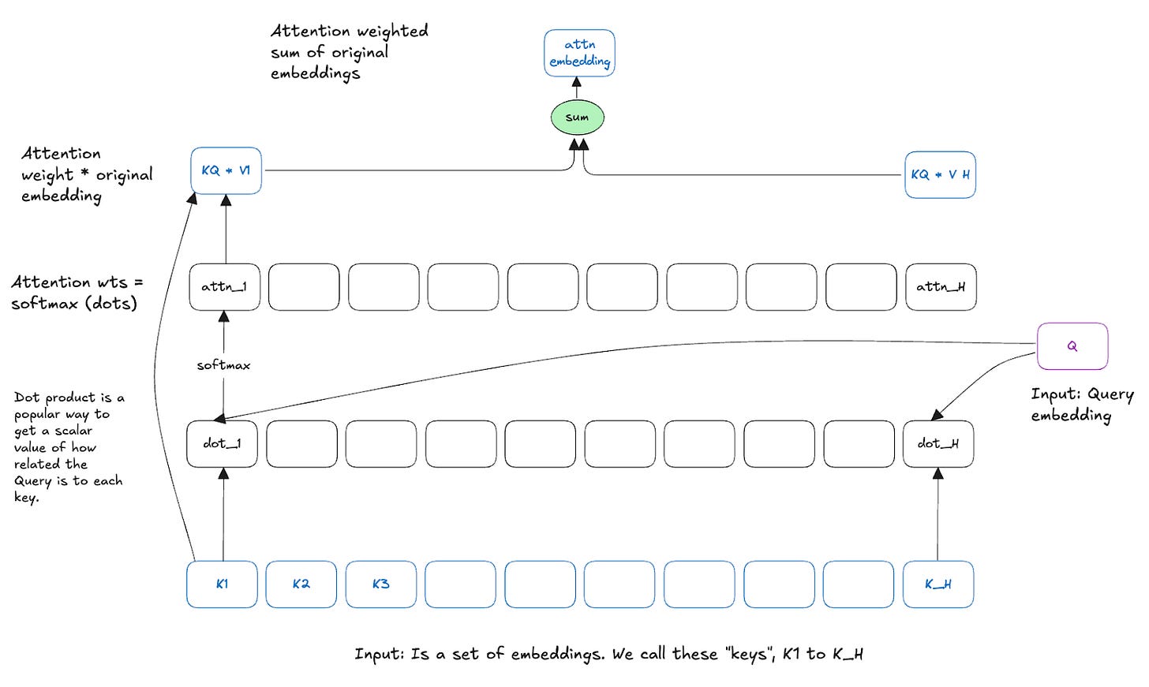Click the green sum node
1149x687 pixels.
577,118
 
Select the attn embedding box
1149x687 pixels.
579,53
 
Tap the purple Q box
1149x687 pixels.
1072,346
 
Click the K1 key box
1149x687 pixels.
222,584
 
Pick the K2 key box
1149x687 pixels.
301,584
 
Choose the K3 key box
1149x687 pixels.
380,584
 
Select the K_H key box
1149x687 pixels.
938,584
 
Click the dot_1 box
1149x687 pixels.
222,444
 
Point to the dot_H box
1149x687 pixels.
938,444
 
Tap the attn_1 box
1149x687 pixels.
224,287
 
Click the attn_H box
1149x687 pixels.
940,287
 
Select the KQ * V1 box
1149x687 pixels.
226,170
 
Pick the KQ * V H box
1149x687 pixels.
940,174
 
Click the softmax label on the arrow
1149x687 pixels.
223,365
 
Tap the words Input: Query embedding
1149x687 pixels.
1082,404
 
